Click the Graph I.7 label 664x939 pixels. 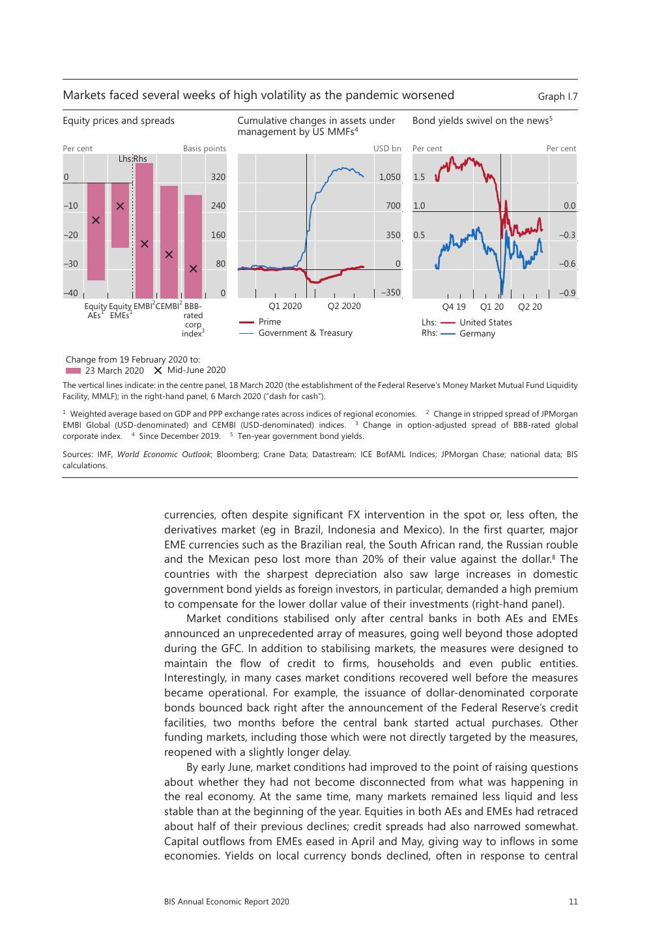coord(557,97)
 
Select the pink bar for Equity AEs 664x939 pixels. coord(96,231)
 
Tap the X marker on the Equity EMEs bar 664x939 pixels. coord(120,206)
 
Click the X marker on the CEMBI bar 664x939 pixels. coord(169,254)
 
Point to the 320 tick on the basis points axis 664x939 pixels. coord(218,177)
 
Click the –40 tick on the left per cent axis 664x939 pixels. coord(70,293)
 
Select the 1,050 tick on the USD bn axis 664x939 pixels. coord(390,177)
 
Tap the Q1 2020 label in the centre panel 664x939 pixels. coord(285,306)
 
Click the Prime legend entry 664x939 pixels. coord(270,322)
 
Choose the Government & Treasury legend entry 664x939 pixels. coord(305,333)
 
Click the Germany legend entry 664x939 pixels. coord(477,334)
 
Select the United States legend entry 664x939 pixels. coord(485,323)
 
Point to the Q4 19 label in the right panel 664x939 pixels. coord(454,306)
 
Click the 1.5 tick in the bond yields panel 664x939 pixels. coord(419,177)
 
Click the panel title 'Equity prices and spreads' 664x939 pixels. coord(119,121)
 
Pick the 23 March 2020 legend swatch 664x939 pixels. coord(72,370)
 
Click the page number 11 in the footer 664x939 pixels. coord(573,902)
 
